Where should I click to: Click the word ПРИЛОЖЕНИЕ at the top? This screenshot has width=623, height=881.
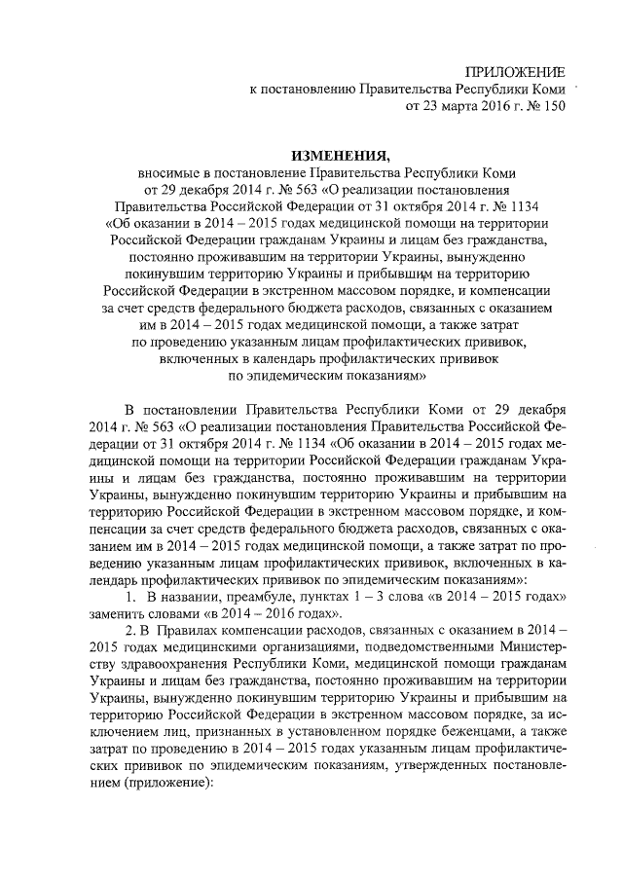pyautogui.click(x=513, y=74)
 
